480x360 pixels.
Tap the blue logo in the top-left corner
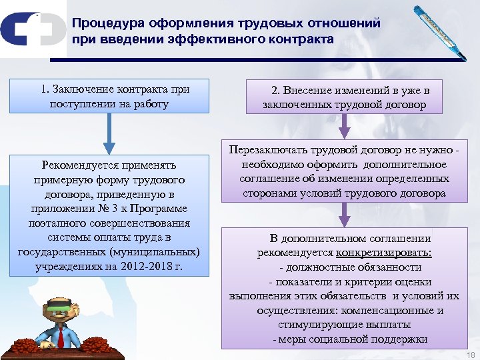pyautogui.click(x=29, y=30)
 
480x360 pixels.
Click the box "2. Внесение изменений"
pyautogui.click(x=343, y=97)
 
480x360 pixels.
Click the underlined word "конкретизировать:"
pyautogui.click(x=384, y=253)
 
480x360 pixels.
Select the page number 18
pyautogui.click(x=471, y=354)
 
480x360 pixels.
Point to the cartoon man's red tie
pyautogui.click(x=60, y=337)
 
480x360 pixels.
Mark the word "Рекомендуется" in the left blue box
pyautogui.click(x=79, y=165)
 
